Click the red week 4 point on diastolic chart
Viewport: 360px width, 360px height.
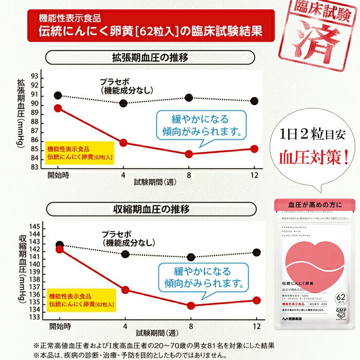(x=124, y=142)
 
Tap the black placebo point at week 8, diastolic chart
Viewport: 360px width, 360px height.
(x=189, y=98)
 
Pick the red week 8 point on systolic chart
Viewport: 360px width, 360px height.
(x=191, y=305)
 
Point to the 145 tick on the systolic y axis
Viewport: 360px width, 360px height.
(x=34, y=226)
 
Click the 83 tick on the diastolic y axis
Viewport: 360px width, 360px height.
(x=35, y=166)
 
